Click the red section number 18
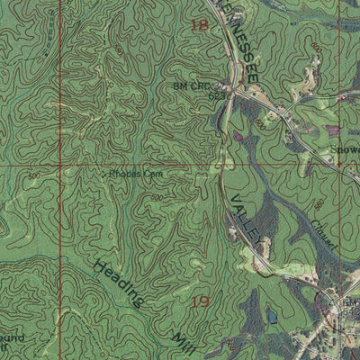[199, 27]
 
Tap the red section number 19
[202, 299]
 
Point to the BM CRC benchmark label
[190, 86]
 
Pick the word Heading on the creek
[117, 284]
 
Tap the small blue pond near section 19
[272, 317]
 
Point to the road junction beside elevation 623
[231, 91]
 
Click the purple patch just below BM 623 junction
[238, 137]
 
